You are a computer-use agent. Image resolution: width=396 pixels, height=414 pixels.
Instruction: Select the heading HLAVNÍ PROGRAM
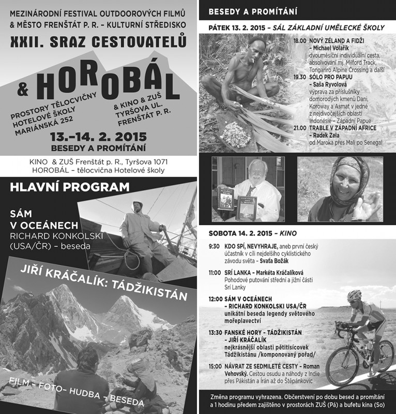[70, 187]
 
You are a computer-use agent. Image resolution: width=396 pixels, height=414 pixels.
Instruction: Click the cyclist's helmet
[354, 295]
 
